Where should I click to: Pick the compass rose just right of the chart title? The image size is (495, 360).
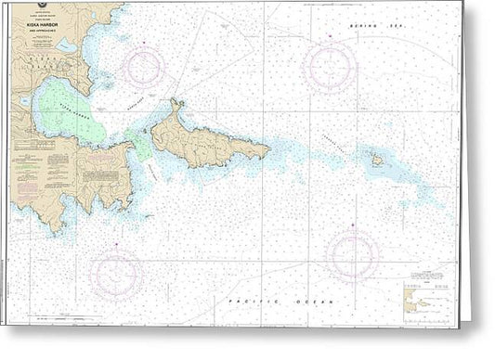pos(147,68)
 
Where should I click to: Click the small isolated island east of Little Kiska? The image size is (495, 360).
pos(378,160)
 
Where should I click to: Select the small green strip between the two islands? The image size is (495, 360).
pos(142,144)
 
